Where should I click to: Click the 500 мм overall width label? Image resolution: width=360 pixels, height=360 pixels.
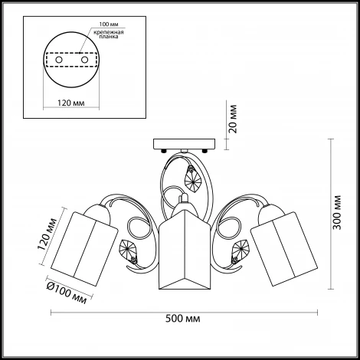pyautogui.click(x=183, y=319)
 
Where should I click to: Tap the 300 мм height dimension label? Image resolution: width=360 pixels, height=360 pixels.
pyautogui.click(x=337, y=212)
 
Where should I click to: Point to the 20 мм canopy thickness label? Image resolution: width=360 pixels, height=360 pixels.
pyautogui.click(x=233, y=119)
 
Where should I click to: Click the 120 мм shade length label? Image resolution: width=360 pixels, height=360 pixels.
pyautogui.click(x=47, y=234)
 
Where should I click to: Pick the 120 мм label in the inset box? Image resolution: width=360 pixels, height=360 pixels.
pyautogui.click(x=70, y=103)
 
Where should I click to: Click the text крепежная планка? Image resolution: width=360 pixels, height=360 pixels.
pyautogui.click(x=109, y=34)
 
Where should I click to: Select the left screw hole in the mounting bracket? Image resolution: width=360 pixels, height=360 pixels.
pyautogui.click(x=59, y=60)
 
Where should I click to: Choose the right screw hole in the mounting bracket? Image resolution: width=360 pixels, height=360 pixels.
pyautogui.click(x=84, y=60)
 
